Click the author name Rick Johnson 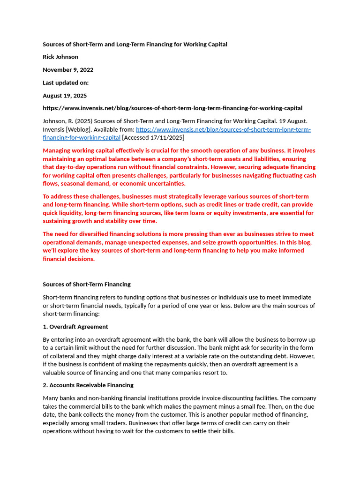coord(60,57)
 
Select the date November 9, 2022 coord(68,70)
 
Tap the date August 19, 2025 coord(65,96)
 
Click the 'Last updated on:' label coord(66,82)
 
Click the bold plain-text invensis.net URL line coord(172,108)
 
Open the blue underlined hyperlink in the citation coord(223,129)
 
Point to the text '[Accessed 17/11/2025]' coord(153,137)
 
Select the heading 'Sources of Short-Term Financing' coord(87,284)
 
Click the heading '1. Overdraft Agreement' coord(75,327)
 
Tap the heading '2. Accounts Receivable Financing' coord(88,385)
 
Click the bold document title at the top coord(135,44)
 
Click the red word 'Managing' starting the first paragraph coord(56,150)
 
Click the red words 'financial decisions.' coord(69,259)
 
